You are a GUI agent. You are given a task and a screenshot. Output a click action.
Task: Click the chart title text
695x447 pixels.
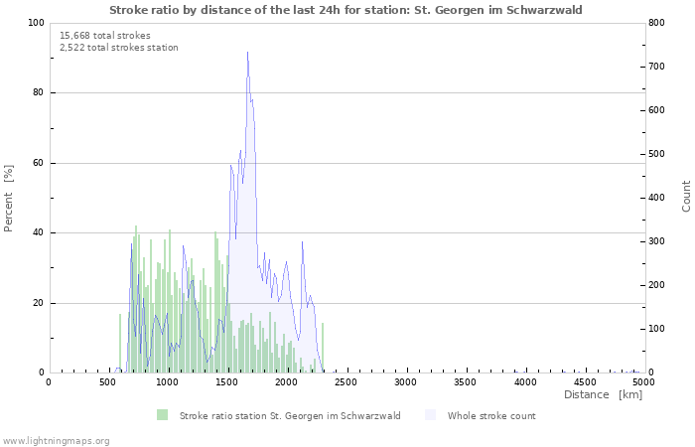[x=347, y=10]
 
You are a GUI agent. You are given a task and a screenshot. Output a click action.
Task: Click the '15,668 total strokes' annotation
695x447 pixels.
[x=105, y=36]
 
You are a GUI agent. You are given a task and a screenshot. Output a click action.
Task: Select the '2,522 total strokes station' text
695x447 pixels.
[x=119, y=48]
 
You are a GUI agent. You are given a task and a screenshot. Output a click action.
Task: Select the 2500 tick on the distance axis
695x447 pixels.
[x=347, y=382]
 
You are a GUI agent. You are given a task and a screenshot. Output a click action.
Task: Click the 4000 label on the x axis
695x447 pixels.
[x=525, y=382]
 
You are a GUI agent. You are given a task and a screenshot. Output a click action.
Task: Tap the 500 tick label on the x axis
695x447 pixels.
[x=108, y=382]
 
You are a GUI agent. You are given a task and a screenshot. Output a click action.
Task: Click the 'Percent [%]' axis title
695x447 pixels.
[x=9, y=198]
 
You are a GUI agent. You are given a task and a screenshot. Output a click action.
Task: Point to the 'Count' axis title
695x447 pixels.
[x=686, y=197]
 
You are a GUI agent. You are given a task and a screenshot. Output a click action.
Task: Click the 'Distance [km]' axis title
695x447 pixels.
[x=603, y=395]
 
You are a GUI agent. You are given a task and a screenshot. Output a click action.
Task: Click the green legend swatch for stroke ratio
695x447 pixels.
[x=163, y=415]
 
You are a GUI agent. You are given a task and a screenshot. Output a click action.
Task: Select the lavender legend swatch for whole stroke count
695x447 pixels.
[x=430, y=415]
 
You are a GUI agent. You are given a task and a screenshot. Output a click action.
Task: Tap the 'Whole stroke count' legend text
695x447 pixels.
[x=491, y=416]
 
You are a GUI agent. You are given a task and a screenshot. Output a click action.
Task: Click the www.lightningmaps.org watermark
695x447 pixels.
[x=57, y=440]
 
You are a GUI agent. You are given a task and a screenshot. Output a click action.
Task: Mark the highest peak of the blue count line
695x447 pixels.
[x=247, y=53]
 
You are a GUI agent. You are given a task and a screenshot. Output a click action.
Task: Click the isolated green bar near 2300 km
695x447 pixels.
[x=323, y=348]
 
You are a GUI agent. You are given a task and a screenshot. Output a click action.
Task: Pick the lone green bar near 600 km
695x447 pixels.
[x=120, y=344]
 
